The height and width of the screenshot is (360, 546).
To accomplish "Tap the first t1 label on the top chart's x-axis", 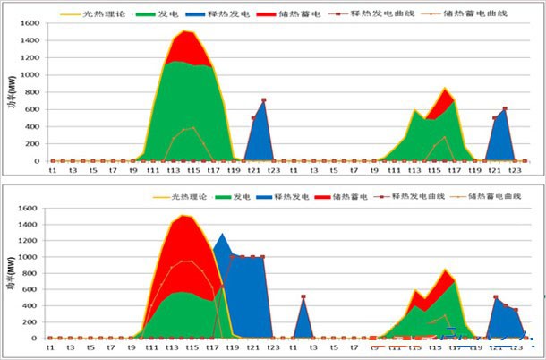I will [52, 170].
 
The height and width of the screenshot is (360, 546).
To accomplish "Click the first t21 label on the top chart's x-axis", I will [253, 170].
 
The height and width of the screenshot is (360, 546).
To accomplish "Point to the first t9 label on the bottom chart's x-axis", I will [132, 348].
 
